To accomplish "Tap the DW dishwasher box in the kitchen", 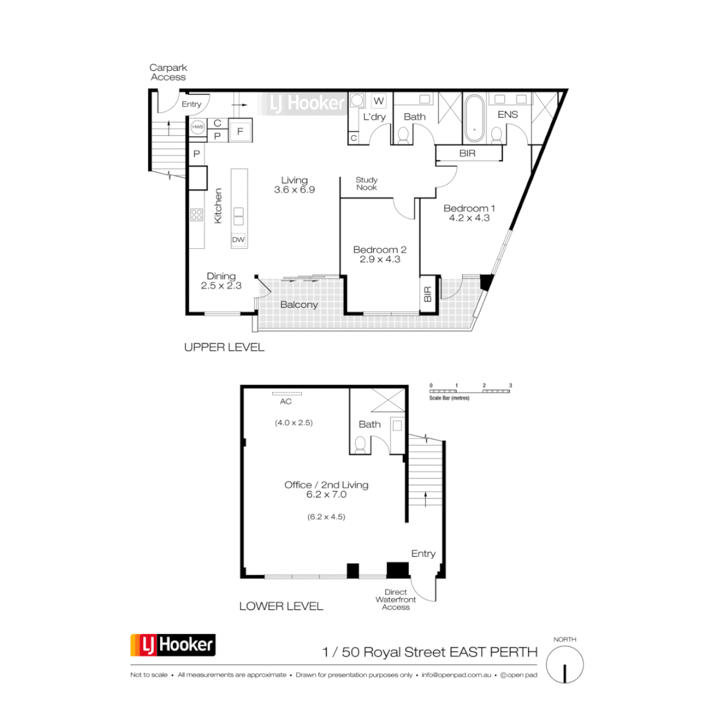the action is coord(238,240).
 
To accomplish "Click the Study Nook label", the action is coord(367,183).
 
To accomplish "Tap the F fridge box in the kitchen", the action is coord(240,131).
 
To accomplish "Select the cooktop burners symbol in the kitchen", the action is coord(196,215).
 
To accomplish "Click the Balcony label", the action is coord(299,305).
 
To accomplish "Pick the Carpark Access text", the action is coord(168,72).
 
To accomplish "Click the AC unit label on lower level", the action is coord(286,401).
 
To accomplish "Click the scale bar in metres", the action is coord(470,391).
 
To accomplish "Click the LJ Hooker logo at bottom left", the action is coord(173,645).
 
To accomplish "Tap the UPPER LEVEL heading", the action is coord(224,348).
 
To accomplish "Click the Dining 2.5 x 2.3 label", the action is coord(221,281).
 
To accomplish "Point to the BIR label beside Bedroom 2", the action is coord(427,294).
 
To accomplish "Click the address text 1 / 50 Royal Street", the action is coord(430,652).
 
